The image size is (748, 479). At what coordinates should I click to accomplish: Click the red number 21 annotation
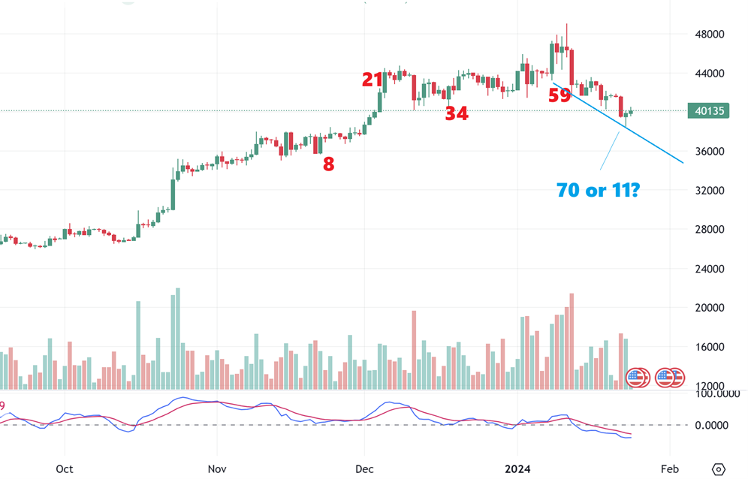(372, 79)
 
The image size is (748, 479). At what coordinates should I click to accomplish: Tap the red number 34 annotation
(457, 113)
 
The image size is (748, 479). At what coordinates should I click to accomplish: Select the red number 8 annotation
(328, 164)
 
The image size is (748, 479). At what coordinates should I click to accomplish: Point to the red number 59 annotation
(559, 95)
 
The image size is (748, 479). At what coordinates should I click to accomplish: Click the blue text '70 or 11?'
(598, 190)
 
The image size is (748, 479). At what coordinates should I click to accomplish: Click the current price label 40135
(710, 111)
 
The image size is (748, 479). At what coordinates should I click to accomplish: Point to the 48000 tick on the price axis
(710, 35)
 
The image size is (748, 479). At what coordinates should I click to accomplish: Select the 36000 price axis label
(710, 152)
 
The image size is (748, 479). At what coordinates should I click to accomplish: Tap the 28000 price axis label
(710, 230)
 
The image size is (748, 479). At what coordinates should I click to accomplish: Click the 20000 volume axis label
(710, 308)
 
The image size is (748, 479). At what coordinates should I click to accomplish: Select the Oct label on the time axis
(65, 469)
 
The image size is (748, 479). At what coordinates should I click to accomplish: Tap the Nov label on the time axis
(216, 469)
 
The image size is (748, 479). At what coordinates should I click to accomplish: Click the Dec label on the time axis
(364, 469)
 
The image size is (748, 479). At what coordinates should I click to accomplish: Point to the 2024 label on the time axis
(518, 469)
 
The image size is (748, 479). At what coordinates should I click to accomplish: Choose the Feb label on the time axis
(669, 469)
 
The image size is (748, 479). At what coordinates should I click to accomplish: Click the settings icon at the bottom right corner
(718, 469)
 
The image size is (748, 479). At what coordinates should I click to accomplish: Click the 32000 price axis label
(710, 191)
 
